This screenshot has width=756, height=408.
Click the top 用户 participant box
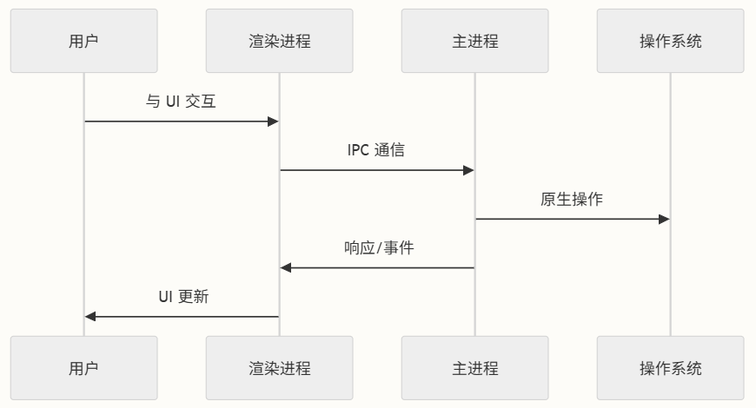click(x=84, y=41)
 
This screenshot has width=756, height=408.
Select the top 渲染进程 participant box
click(x=279, y=41)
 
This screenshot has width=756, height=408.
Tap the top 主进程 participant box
click(x=474, y=41)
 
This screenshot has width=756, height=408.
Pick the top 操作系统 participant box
click(x=670, y=41)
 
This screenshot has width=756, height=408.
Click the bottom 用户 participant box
click(x=84, y=368)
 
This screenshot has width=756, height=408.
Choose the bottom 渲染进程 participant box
click(x=279, y=368)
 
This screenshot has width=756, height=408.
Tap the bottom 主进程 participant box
click(x=474, y=368)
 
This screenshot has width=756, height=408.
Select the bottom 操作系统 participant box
click(x=670, y=368)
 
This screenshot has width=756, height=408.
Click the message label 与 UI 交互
click(x=181, y=102)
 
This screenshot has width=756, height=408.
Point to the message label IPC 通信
click(x=376, y=150)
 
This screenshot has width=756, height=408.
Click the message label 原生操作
click(x=572, y=199)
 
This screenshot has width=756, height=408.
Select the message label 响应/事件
click(x=379, y=247)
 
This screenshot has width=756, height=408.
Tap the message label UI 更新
click(x=183, y=296)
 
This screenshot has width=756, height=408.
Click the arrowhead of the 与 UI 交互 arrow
click(x=273, y=122)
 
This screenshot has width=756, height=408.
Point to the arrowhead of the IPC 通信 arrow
click(x=468, y=170)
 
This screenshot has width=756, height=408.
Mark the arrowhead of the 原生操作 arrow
click(x=664, y=219)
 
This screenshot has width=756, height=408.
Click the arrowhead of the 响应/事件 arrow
click(x=286, y=267)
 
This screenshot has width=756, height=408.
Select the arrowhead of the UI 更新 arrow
click(x=90, y=316)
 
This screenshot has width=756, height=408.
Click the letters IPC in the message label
click(x=358, y=150)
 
